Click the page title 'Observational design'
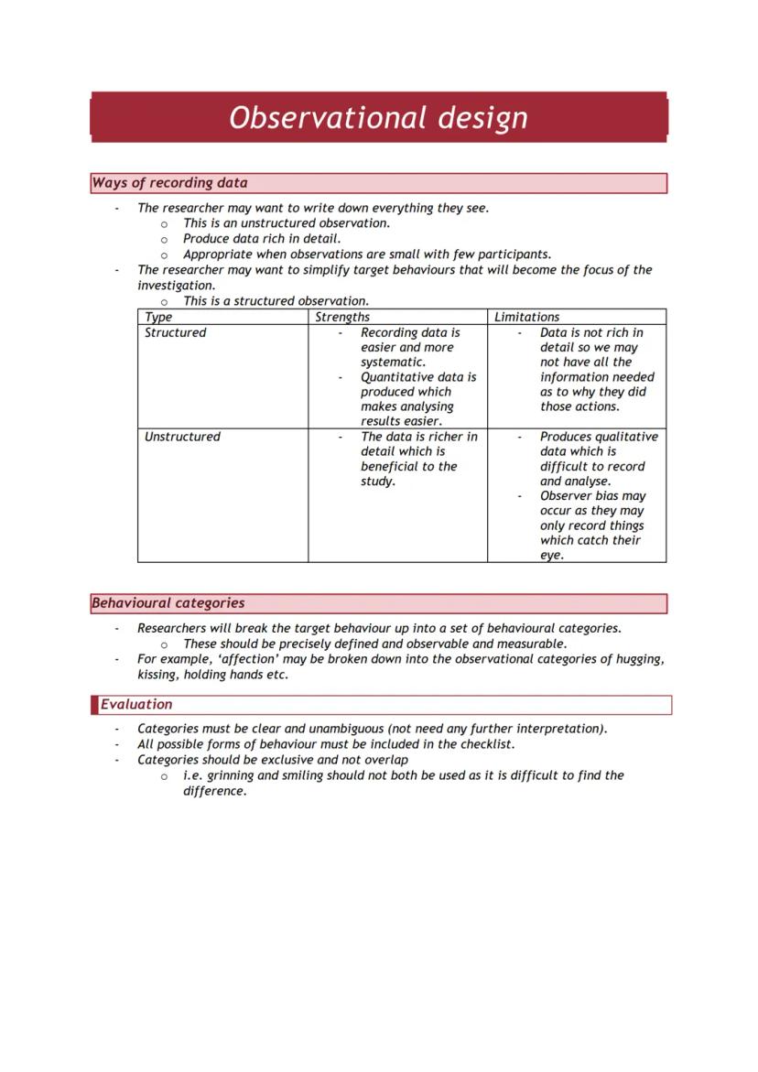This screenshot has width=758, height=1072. click(378, 117)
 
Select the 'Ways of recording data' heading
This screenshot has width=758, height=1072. click(169, 183)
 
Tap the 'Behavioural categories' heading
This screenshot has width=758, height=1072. click(168, 603)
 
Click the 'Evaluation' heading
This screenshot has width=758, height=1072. click(135, 704)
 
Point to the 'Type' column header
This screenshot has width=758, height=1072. click(158, 317)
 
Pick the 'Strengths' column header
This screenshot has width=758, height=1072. click(342, 317)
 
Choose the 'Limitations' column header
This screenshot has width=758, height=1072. click(526, 317)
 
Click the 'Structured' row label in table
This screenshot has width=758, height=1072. click(175, 332)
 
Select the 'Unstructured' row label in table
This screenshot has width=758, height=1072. click(182, 437)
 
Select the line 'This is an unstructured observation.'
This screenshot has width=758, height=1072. click(287, 222)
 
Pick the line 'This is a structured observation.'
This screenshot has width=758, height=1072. click(276, 300)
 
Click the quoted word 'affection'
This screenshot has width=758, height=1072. click(250, 659)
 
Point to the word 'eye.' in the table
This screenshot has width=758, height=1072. click(552, 555)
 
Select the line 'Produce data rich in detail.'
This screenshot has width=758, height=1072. click(262, 238)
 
